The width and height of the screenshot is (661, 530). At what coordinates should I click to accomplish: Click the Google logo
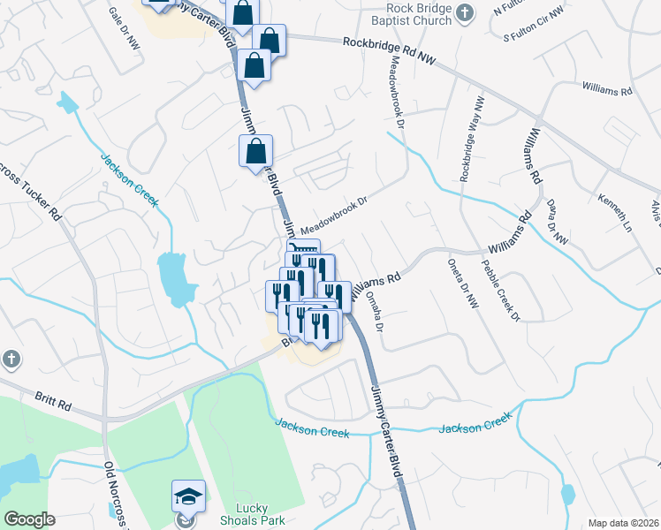[29, 519]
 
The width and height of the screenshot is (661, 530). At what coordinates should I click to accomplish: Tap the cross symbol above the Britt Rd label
[11, 359]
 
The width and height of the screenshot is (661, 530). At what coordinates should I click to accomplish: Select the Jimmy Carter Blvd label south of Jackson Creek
[385, 435]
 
